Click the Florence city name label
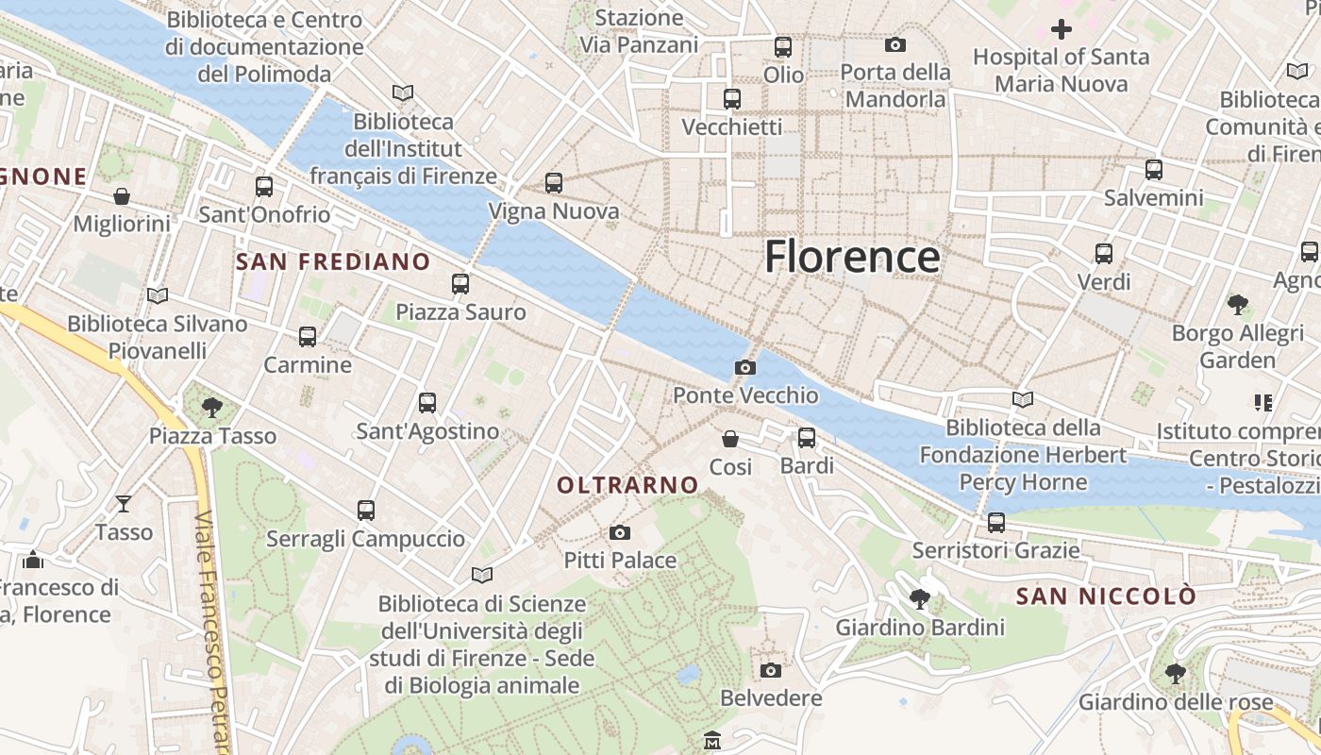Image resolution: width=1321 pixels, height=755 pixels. [852, 257]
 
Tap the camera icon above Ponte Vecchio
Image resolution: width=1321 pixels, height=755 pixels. [745, 367]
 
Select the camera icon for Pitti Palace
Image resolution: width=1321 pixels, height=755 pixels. [620, 533]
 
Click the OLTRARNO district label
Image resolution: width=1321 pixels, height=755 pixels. [627, 485]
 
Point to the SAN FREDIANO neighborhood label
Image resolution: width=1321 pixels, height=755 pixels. [333, 261]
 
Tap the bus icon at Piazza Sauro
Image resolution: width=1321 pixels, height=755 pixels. [460, 283]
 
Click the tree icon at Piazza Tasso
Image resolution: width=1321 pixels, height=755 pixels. [212, 408]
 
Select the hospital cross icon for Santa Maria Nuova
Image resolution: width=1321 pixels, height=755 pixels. [1062, 29]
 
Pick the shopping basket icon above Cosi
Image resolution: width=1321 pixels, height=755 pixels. [730, 439]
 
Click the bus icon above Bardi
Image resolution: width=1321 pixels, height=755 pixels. [807, 438]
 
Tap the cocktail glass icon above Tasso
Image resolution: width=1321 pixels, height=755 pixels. [124, 504]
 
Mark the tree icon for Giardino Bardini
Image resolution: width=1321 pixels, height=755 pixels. [920, 598]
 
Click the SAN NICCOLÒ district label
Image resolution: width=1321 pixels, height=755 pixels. [1106, 596]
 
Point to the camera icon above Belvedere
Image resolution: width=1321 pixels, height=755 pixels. [771, 670]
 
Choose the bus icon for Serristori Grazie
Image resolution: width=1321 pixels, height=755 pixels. [995, 522]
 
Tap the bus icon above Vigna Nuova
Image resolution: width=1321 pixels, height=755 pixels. [554, 183]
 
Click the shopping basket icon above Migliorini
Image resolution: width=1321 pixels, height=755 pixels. [122, 196]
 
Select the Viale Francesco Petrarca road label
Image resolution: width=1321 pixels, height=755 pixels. [213, 632]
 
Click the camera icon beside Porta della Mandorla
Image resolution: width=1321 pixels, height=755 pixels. [895, 44]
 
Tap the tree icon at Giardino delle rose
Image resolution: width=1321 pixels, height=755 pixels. [1175, 674]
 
